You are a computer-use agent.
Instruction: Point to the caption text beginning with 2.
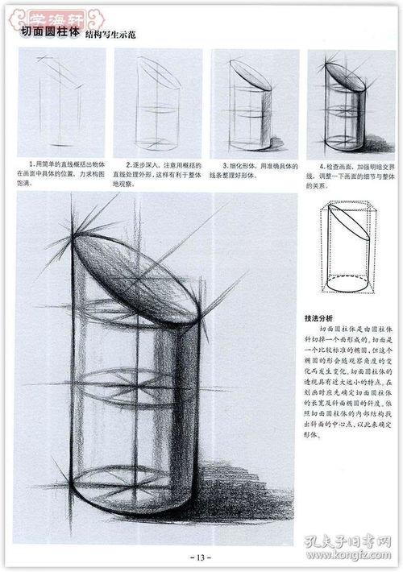click(156, 173)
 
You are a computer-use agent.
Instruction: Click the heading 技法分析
click(319, 317)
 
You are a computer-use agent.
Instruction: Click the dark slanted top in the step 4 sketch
click(347, 77)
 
